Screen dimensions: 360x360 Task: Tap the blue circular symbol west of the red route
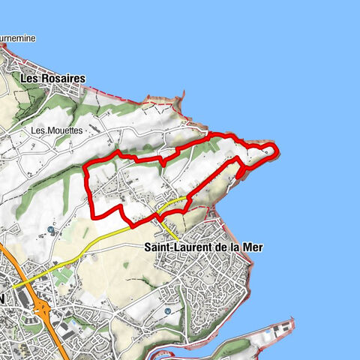point(51,230)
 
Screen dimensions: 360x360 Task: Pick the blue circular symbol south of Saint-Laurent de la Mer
point(167,309)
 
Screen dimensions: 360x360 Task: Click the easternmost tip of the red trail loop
point(277,152)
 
